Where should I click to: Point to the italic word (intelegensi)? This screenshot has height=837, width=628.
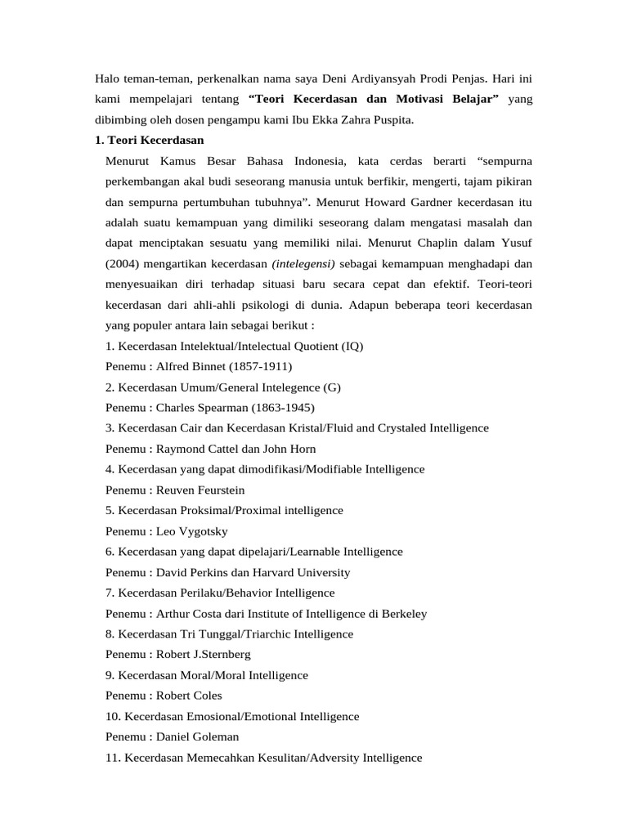[x=303, y=263]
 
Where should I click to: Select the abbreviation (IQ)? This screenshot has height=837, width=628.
[x=353, y=346]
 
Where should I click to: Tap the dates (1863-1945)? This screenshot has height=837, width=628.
[x=284, y=407]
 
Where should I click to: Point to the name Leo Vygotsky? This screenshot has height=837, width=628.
[x=192, y=531]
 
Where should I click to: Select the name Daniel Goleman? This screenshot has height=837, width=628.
[x=198, y=737]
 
